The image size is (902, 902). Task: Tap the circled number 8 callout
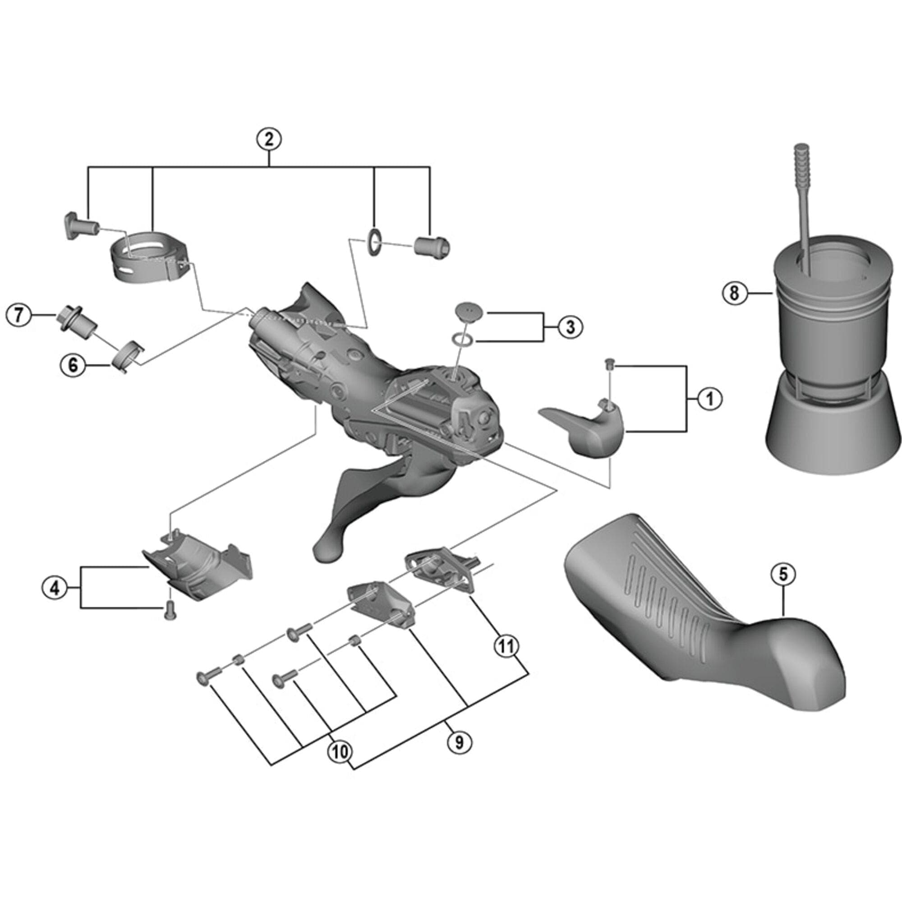click(x=734, y=293)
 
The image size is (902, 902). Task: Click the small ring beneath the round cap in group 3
click(x=463, y=340)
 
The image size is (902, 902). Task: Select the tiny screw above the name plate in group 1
click(x=609, y=363)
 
